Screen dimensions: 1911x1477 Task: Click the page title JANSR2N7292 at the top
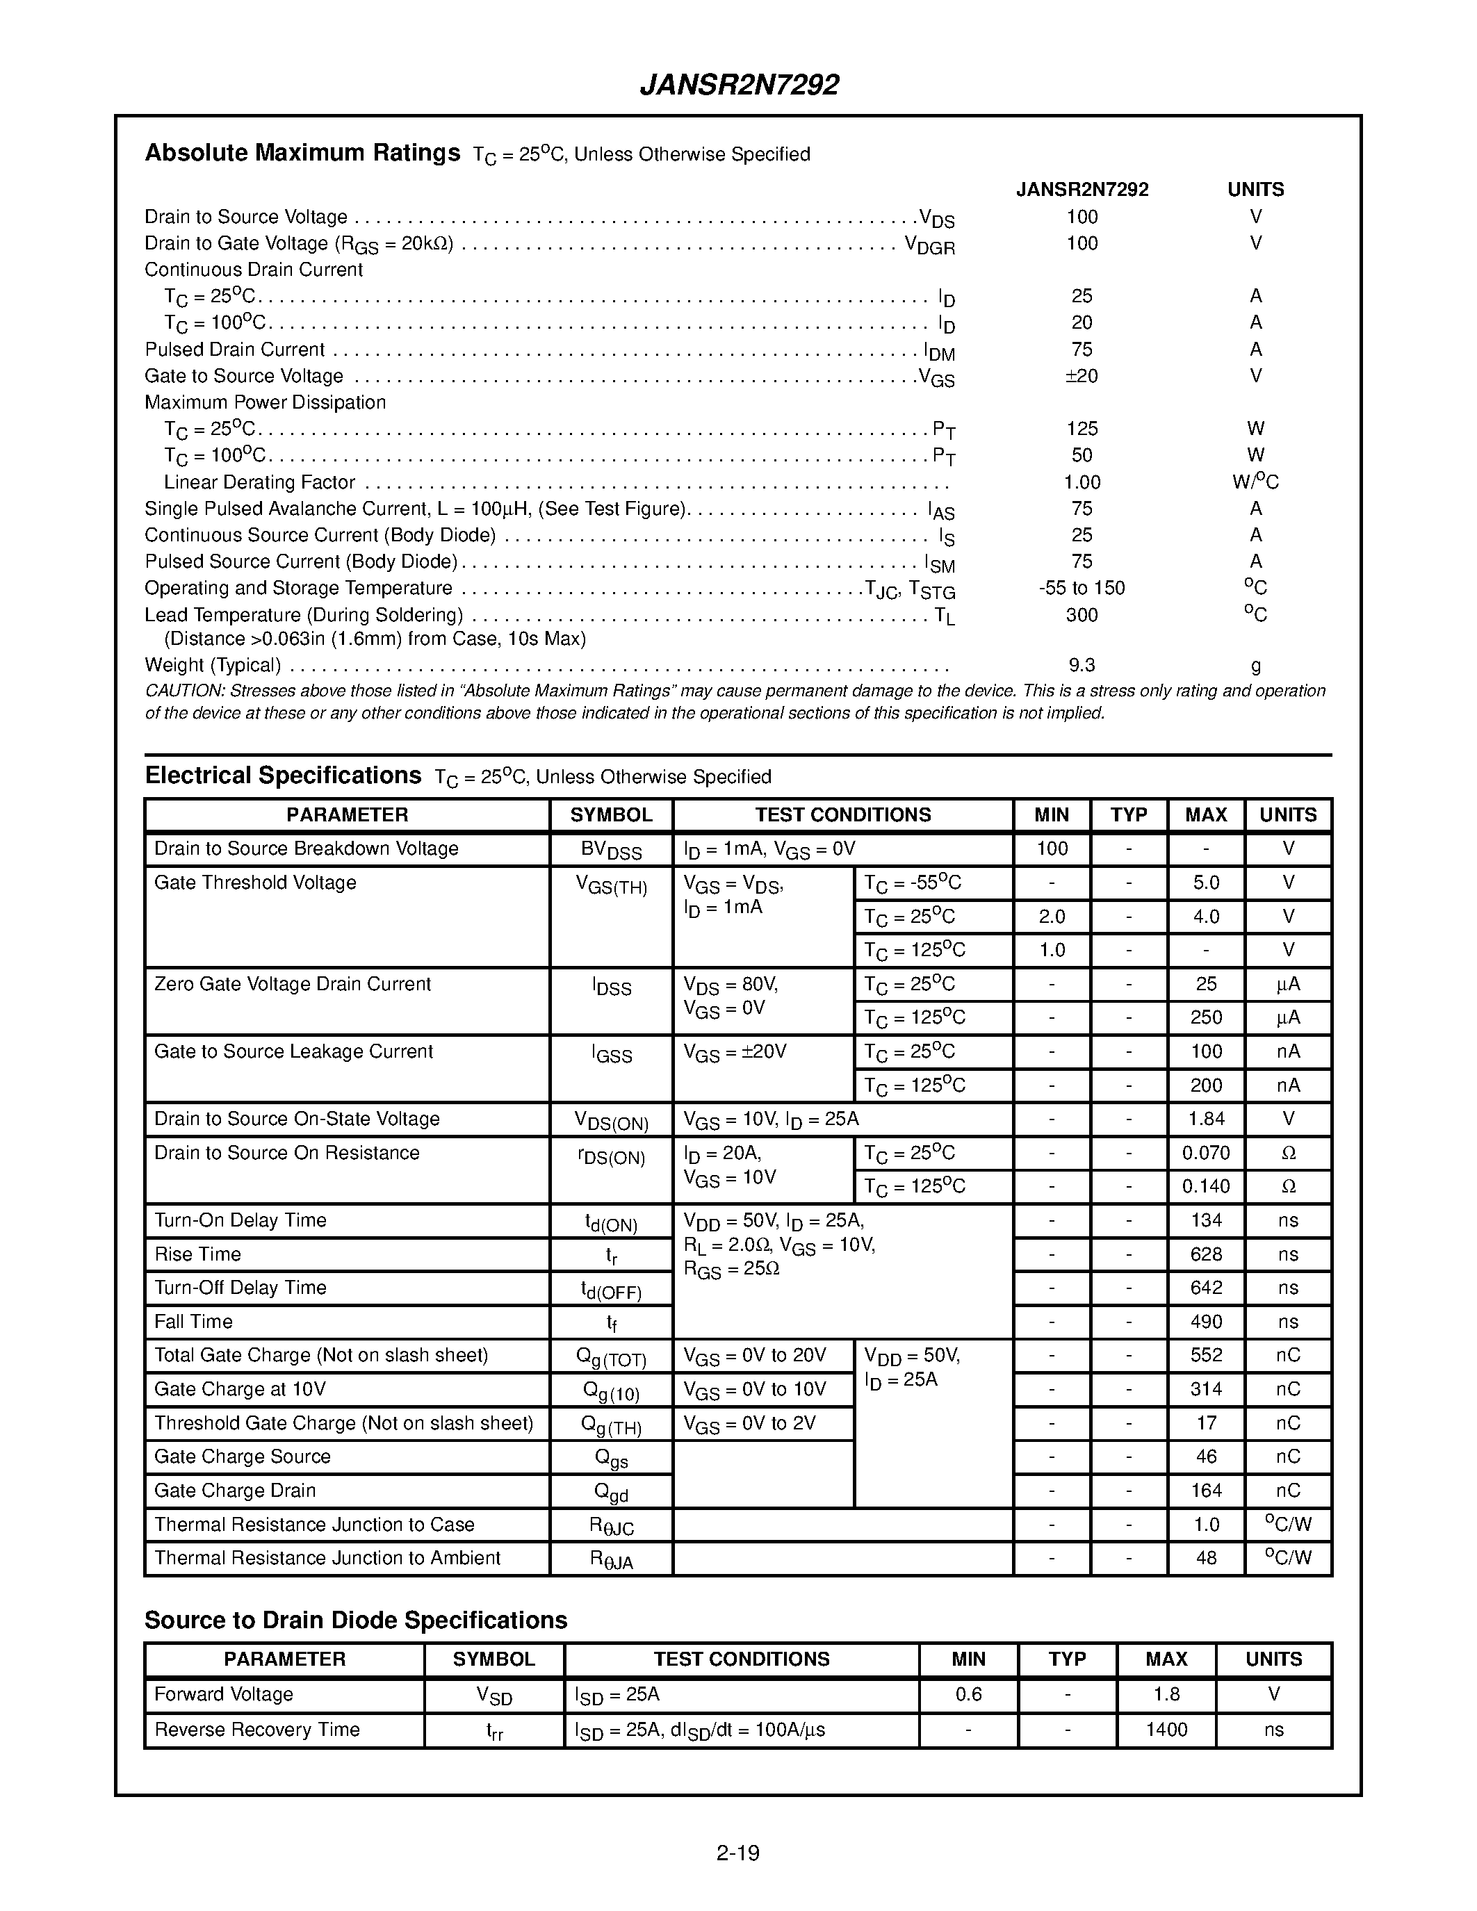(x=740, y=85)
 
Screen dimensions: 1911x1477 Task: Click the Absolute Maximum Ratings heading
(x=302, y=153)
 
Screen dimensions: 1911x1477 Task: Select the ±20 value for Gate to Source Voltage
(x=1082, y=376)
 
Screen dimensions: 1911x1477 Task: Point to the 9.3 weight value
(x=1082, y=665)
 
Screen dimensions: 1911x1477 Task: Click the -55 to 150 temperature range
(x=1082, y=588)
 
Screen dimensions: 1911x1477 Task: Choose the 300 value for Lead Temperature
(x=1082, y=615)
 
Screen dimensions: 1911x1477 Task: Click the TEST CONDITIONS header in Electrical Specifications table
(x=842, y=814)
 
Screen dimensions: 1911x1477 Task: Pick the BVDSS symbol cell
(x=611, y=851)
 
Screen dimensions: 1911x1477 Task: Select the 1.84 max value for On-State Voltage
(x=1206, y=1119)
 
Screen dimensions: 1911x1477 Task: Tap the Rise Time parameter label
(x=198, y=1254)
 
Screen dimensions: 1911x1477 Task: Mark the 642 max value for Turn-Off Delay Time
(x=1206, y=1288)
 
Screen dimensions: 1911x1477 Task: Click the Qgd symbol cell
(x=611, y=1492)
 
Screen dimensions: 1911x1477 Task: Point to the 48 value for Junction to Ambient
(x=1206, y=1559)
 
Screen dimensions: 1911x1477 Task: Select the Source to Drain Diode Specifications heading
(x=355, y=1621)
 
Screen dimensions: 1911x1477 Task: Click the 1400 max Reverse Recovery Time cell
(x=1166, y=1730)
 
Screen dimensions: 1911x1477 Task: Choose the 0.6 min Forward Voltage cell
(x=969, y=1695)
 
